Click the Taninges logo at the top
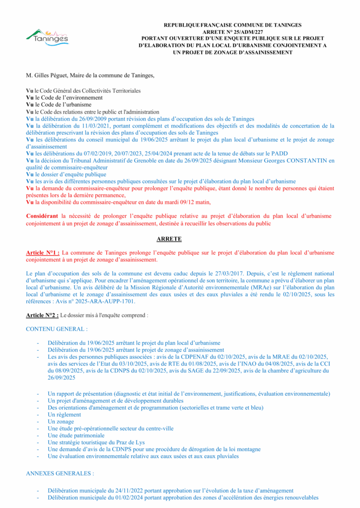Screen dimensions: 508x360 [47, 37]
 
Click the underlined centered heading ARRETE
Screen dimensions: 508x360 [180, 239]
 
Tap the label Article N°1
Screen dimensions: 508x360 [43, 253]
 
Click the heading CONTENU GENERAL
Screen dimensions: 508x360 [57, 328]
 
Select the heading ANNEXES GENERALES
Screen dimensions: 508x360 [60, 474]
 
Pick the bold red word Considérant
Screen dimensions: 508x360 [42, 216]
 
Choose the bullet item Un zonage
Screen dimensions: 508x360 [61, 422]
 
